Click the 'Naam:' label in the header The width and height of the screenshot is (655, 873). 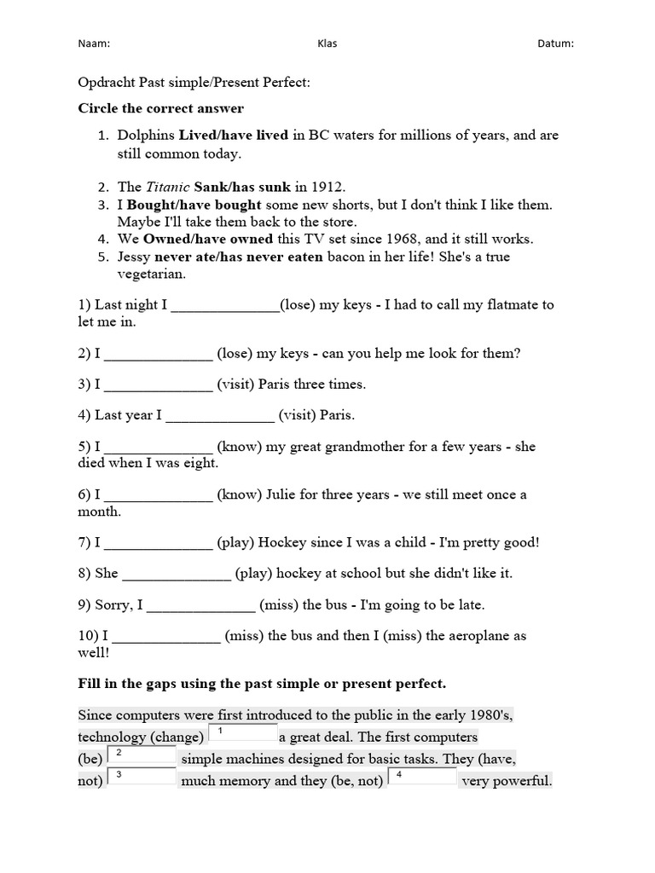coord(94,43)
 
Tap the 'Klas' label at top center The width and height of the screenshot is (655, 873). coord(327,43)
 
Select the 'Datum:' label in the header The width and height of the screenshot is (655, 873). coord(556,43)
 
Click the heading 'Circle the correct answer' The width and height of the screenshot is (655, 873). coord(160,108)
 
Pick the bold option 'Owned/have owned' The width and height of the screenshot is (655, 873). coord(208,239)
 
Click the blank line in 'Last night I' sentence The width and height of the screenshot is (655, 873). coord(225,305)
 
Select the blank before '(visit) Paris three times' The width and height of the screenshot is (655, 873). coord(158,384)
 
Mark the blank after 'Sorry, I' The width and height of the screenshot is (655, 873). coord(201,605)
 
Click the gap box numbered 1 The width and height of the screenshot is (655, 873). coord(242,734)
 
